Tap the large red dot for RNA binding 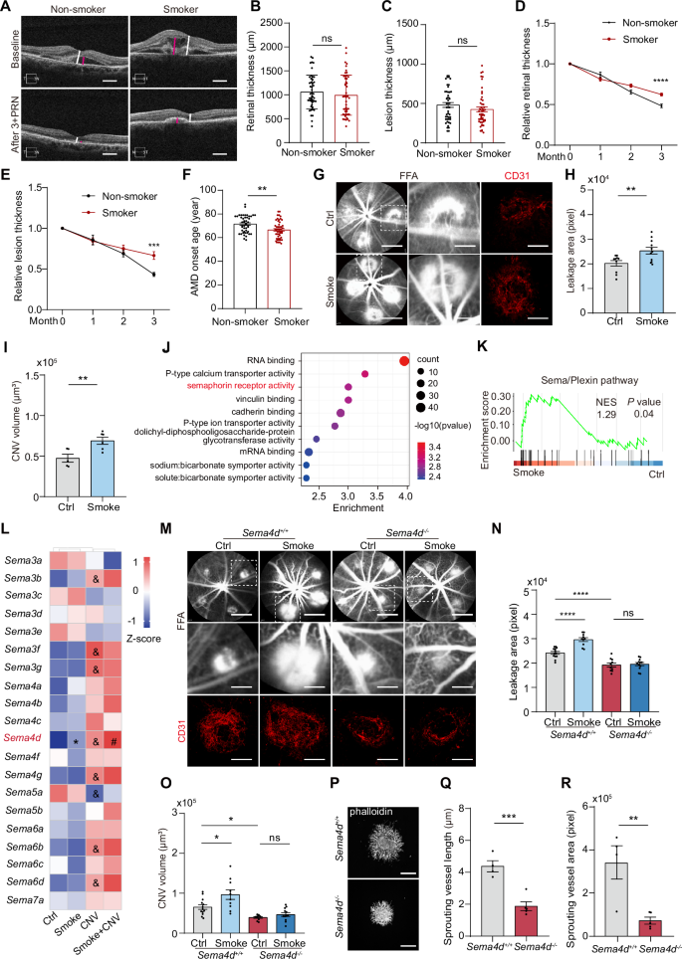tap(404, 361)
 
